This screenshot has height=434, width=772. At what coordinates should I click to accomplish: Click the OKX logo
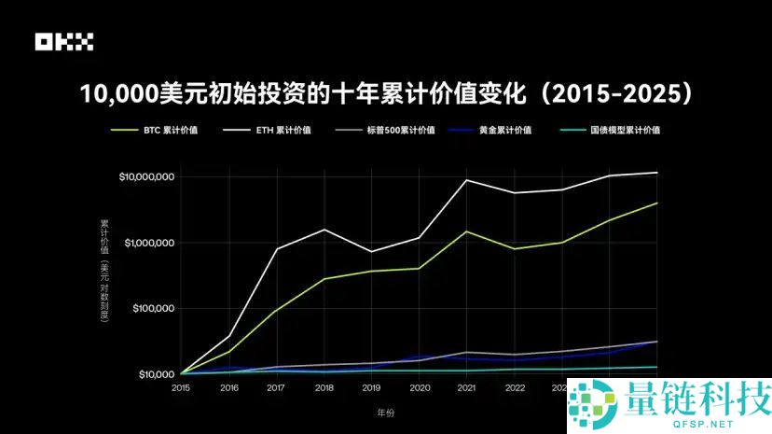pyautogui.click(x=64, y=42)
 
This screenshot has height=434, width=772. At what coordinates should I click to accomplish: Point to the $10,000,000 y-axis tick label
pyautogui.click(x=147, y=177)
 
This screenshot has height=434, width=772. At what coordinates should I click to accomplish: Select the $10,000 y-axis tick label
pyautogui.click(x=156, y=375)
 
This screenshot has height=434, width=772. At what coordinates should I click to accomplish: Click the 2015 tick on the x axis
pyautogui.click(x=181, y=386)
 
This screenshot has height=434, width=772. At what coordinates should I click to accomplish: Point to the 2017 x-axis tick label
pyautogui.click(x=276, y=386)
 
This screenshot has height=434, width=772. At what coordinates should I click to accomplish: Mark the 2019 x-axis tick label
pyautogui.click(x=371, y=386)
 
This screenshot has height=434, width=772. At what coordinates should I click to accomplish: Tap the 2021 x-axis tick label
pyautogui.click(x=467, y=386)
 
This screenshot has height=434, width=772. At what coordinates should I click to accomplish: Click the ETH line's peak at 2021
pyautogui.click(x=467, y=180)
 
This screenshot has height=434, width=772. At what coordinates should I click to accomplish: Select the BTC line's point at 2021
pyautogui.click(x=467, y=231)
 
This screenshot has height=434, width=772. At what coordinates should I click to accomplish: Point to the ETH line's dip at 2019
pyautogui.click(x=371, y=252)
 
